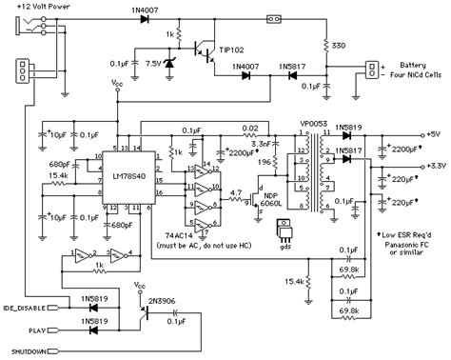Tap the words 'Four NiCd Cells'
coord(412,76)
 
